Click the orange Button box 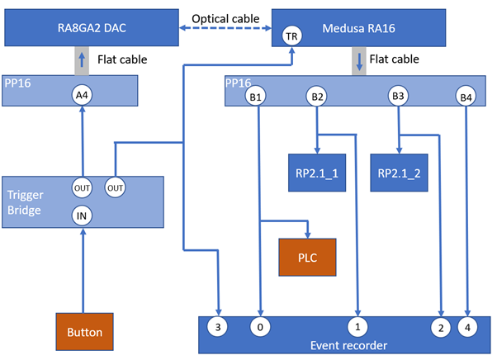[85, 332]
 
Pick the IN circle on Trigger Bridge [81, 216]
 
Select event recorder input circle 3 [217, 327]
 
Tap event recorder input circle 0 [260, 327]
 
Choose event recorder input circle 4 [467, 327]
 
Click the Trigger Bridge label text [24, 202]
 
